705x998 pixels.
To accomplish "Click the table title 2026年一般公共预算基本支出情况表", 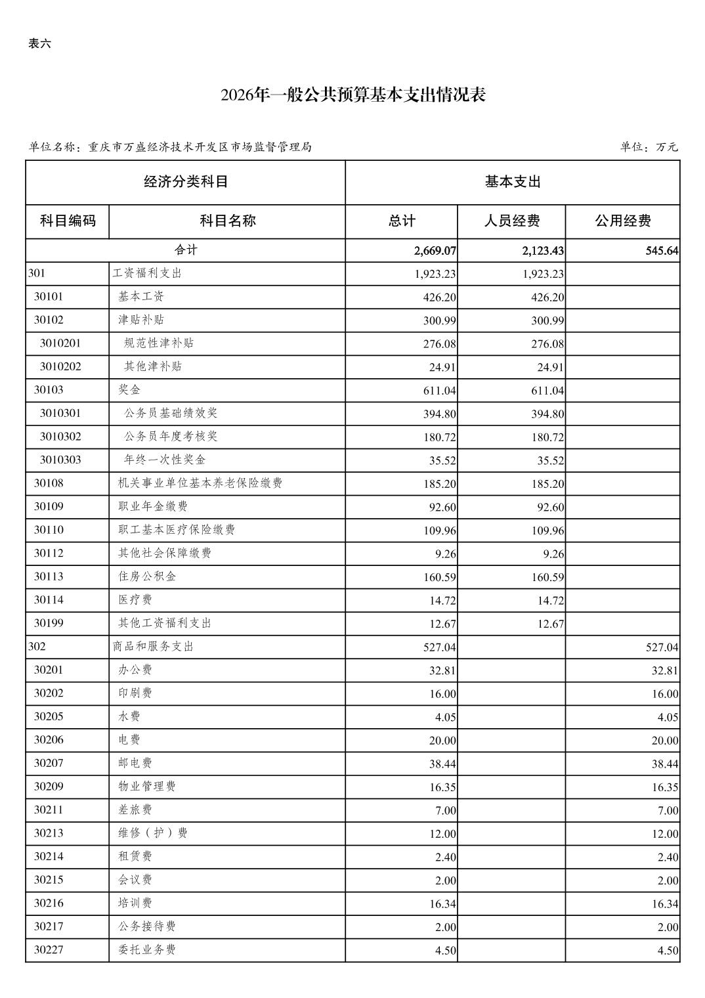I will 352,95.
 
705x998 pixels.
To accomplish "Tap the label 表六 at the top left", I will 39,44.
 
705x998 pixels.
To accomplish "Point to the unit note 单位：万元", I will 649,147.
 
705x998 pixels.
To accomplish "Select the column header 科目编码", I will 68,221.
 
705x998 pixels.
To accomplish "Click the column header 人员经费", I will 511,221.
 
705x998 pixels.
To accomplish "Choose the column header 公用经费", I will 622,221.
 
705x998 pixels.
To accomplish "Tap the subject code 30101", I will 49,297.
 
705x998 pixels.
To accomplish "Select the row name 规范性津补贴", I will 159,343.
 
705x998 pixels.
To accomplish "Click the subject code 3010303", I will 60,460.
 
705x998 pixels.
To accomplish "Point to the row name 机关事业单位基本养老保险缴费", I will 200,483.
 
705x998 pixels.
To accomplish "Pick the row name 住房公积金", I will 147,576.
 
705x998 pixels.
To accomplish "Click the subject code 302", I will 37,647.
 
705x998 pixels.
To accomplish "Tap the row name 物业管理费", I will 147,787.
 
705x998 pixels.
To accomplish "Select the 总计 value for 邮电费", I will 442,764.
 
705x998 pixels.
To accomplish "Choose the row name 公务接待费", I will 147,926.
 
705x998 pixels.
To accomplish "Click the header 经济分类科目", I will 186,182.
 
